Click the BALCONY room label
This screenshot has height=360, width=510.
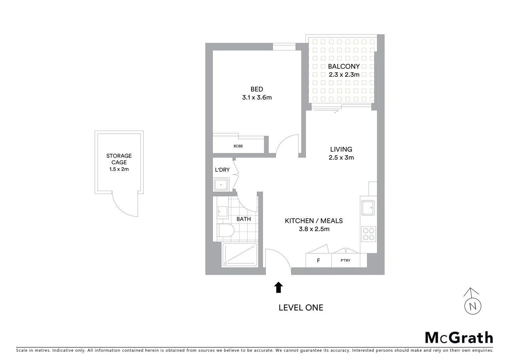pos(344,66)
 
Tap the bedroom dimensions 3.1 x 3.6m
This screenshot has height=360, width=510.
pos(257,98)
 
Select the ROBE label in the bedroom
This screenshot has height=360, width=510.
pos(238,146)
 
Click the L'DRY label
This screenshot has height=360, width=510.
pos(222,170)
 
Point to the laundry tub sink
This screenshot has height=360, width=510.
pos(221,184)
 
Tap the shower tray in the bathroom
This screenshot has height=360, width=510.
pos(240,255)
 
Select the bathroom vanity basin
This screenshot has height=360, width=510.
pos(222,211)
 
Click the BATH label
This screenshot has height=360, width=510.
pos(243,219)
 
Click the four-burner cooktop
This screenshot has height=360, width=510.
pos(368,234)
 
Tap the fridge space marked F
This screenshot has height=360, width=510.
pos(318,261)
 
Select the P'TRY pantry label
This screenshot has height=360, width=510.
pos(346,261)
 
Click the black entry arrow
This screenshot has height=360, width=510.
pos(279,287)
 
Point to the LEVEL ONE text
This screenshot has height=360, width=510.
pos(301,308)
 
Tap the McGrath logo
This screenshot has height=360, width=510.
pos(459,338)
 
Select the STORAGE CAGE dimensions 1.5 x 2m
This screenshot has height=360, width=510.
pos(119,169)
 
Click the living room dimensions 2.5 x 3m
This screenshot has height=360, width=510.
pos(341,158)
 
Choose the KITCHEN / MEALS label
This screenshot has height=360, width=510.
pos(314,221)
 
